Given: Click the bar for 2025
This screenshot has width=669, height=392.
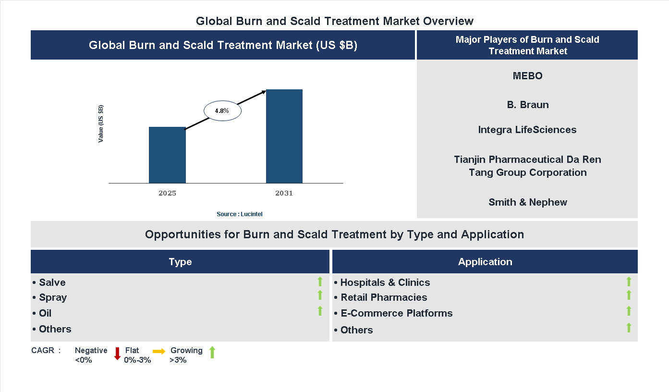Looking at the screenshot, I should click(x=167, y=155).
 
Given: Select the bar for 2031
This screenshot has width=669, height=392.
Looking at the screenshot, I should click(x=284, y=136).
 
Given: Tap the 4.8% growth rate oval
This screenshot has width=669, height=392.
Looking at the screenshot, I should click(x=222, y=111).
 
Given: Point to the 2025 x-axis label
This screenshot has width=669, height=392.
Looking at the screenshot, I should click(x=167, y=194).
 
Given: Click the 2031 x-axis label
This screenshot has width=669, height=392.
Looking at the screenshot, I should click(x=284, y=194).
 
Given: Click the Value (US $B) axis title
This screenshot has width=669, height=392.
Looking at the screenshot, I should click(x=101, y=123).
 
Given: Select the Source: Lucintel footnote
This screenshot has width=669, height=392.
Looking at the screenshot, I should click(x=240, y=214).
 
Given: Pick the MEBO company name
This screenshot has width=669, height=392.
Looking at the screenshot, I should click(x=527, y=76).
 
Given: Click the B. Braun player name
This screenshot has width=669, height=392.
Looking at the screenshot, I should click(x=527, y=105).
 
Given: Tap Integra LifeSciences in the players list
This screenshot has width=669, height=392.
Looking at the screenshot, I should click(x=527, y=130).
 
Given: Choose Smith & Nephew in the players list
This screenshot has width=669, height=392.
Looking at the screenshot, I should click(x=527, y=202).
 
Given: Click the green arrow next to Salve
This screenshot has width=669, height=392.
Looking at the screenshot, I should click(x=320, y=282).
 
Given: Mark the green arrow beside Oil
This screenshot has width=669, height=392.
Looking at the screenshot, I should click(x=320, y=311).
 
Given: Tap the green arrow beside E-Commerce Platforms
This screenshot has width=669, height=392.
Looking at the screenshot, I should click(x=629, y=311).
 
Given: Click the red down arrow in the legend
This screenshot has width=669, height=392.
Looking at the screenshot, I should click(x=117, y=354).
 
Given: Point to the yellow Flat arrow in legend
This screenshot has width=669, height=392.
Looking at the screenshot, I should click(x=159, y=352).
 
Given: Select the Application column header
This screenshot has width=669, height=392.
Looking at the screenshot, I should click(x=485, y=262).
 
